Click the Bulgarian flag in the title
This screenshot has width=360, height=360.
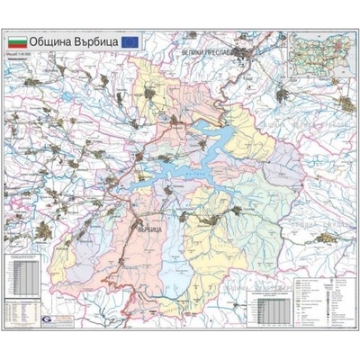17,41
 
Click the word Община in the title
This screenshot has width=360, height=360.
51,41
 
